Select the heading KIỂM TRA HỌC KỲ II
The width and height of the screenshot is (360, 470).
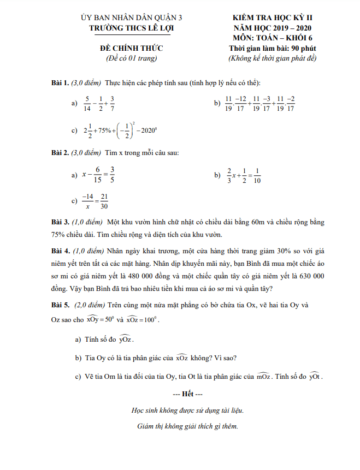pos(272,17)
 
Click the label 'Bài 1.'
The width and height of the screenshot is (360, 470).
pos(60,83)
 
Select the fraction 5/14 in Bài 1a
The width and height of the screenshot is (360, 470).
pos(87,103)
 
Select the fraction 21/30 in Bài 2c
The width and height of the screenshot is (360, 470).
pos(104,201)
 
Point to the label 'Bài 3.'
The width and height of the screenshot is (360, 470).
pos(60,223)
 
